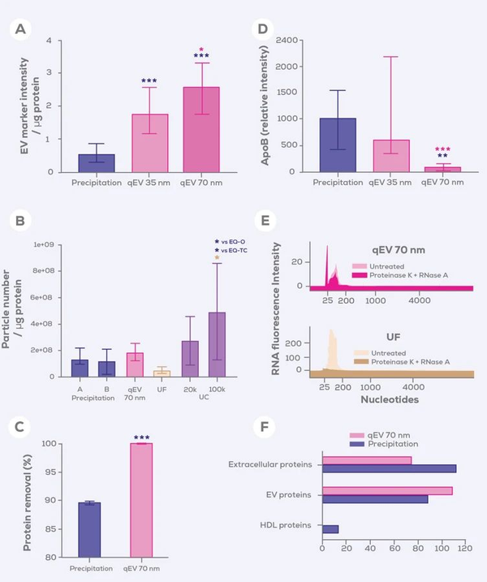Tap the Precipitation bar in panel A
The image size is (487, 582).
pos(97,162)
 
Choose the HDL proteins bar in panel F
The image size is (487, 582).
pos(330,529)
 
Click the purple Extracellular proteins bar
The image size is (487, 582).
pos(389,468)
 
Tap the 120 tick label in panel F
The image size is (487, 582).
pos(464,550)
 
